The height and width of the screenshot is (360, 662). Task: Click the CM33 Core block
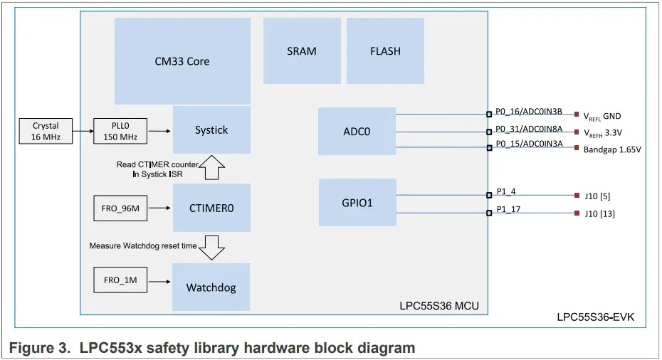tap(182, 61)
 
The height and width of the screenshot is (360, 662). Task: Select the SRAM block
tap(301, 51)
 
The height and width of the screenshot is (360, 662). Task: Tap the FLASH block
tap(385, 51)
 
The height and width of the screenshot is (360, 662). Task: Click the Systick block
tap(211, 129)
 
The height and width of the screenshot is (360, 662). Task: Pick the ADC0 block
tap(357, 131)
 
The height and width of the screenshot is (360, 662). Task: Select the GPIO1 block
tap(357, 203)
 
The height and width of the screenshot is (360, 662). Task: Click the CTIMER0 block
tap(211, 208)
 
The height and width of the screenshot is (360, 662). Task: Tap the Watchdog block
tap(211, 287)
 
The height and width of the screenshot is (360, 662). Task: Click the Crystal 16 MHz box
tap(46, 132)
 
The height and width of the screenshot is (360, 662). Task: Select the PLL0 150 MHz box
tap(120, 132)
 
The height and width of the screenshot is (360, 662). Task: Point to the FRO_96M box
tap(120, 208)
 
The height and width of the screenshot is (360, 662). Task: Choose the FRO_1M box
tap(120, 280)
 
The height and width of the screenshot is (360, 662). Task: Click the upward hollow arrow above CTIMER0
tap(211, 168)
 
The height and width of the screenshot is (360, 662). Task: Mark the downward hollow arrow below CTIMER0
tap(211, 246)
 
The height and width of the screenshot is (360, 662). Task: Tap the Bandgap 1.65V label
tap(612, 150)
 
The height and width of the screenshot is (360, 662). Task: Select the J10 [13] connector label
tap(599, 213)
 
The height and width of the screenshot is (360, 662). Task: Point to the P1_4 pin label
tap(505, 192)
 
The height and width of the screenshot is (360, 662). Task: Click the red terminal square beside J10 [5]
tap(576, 194)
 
